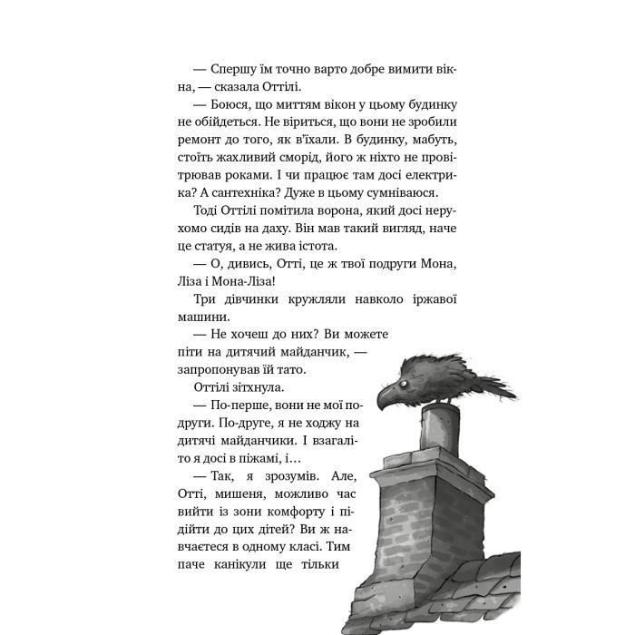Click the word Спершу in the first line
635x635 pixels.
tap(237, 70)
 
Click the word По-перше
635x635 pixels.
tap(242, 414)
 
